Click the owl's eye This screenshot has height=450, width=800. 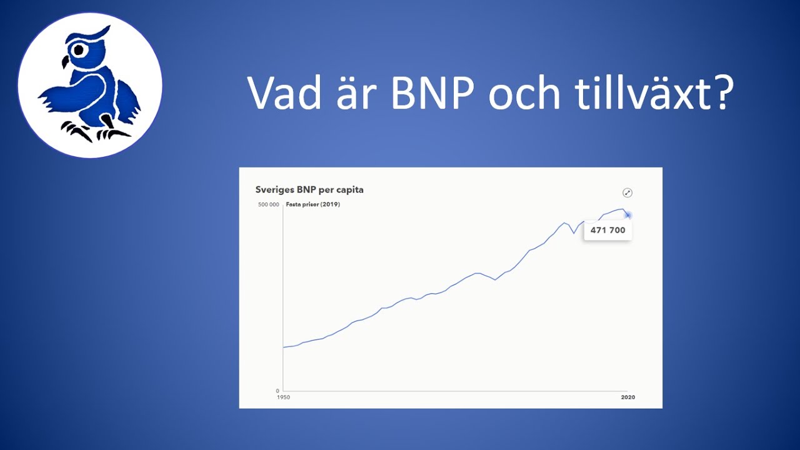[x=78, y=50]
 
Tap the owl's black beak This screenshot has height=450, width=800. [x=65, y=62]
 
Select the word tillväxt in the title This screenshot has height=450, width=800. [x=644, y=91]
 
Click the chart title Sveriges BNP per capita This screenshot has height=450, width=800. [x=309, y=189]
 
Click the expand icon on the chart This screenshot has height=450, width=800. [x=627, y=193]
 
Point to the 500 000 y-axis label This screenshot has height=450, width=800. [x=269, y=204]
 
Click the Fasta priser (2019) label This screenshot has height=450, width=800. [x=313, y=204]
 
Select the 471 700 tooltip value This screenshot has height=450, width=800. [x=608, y=231]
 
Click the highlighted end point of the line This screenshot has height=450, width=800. [x=628, y=216]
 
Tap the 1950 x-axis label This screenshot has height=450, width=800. [x=284, y=397]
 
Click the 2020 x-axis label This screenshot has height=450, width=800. [x=628, y=397]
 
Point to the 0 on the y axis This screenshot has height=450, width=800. [x=277, y=391]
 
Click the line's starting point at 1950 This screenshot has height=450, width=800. [x=283, y=347]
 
